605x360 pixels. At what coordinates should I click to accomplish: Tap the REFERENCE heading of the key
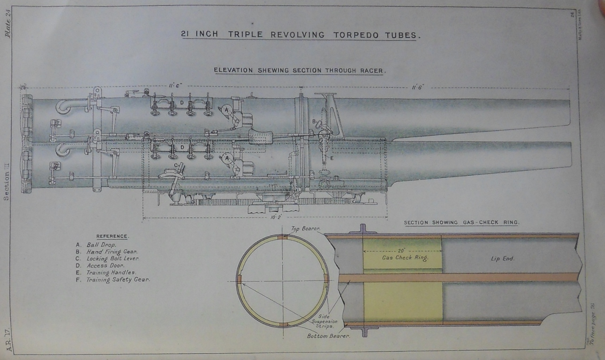point(112,236)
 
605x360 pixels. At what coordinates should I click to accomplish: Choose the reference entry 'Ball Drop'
point(101,245)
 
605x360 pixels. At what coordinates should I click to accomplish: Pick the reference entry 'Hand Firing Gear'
point(112,252)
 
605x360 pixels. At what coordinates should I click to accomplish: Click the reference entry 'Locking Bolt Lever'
point(113,259)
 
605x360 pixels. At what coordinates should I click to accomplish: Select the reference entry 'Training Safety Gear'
point(118,280)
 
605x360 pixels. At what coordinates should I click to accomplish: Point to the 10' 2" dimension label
point(276,217)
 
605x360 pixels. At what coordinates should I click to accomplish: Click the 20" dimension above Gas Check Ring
point(401,251)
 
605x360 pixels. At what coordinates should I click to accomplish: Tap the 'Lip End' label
point(502,259)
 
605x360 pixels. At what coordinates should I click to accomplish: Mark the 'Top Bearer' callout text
point(305,229)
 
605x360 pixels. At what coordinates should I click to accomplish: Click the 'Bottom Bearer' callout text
point(328,336)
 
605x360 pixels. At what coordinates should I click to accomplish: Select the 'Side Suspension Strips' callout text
point(324,321)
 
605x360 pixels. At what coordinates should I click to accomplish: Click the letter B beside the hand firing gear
point(314,122)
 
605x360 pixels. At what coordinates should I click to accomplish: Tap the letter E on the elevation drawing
point(332,158)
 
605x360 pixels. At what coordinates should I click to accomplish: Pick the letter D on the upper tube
point(182,103)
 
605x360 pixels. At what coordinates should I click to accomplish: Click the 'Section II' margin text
point(6,181)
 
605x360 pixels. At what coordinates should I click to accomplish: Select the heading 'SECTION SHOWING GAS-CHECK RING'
point(461,223)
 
